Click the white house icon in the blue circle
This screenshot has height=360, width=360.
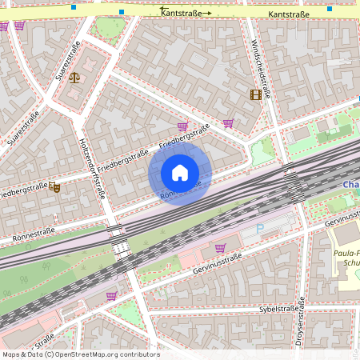[x=180, y=173]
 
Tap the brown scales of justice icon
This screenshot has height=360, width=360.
[x=75, y=78]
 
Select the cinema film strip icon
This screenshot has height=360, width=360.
[x=255, y=95]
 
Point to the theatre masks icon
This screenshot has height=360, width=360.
[x=55, y=186]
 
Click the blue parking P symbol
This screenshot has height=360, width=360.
[x=258, y=229]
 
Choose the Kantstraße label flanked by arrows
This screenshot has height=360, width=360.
[x=186, y=13]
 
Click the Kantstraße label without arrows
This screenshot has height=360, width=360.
[x=289, y=14]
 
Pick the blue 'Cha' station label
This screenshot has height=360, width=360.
[x=350, y=185]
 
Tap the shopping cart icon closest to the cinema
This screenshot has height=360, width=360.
[x=229, y=122]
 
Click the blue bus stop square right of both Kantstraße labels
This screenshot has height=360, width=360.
[x=330, y=9]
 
